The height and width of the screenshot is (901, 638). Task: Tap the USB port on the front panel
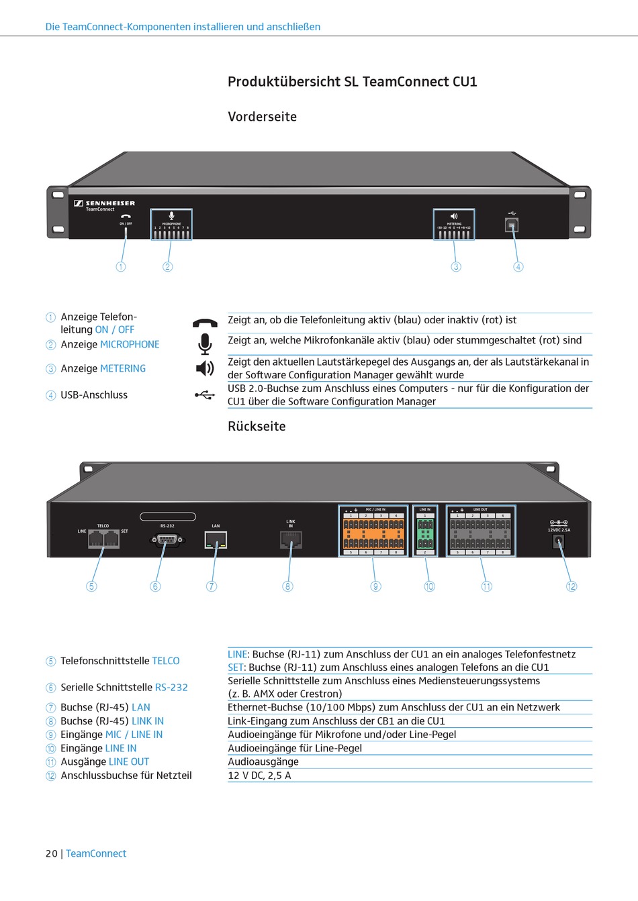point(512,224)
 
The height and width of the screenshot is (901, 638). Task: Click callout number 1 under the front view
point(121,267)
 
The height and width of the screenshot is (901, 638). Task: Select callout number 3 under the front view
point(456,267)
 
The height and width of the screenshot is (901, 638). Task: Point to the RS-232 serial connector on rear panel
point(167,539)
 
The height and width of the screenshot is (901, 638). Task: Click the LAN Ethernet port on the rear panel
point(216,540)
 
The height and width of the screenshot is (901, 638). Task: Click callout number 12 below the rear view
point(572,586)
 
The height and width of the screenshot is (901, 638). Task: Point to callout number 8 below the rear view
point(288,586)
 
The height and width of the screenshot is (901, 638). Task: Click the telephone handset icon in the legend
point(205,323)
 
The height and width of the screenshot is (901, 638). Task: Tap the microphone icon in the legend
point(205,343)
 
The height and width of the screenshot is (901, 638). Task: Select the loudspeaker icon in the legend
point(205,368)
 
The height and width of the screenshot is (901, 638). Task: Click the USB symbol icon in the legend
point(205,395)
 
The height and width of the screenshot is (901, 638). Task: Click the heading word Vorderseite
point(262,117)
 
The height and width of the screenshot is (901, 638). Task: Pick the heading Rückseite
point(257,427)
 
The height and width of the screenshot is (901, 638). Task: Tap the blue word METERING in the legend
point(123,369)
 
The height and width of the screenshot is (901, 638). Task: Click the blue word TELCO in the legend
point(166,661)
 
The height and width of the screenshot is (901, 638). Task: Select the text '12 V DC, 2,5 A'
point(259,776)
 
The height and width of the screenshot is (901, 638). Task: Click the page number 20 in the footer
point(52,854)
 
